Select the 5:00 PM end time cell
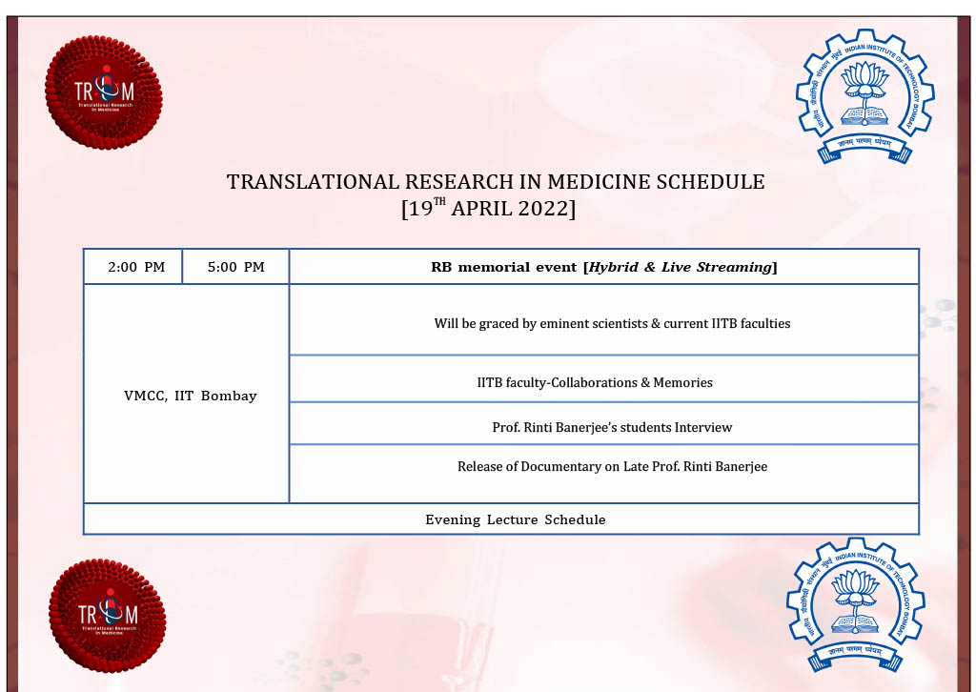click(x=236, y=267)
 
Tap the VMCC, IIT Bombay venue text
click(x=191, y=396)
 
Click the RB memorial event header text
click(x=603, y=267)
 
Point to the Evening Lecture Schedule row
click(x=516, y=519)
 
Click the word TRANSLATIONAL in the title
click(x=313, y=182)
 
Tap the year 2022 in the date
click(x=542, y=209)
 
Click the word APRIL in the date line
click(x=481, y=209)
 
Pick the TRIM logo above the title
click(x=104, y=92)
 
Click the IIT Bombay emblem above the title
click(x=865, y=96)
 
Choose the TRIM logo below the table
click(x=108, y=616)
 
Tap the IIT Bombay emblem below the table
click(x=856, y=604)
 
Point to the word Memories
click(x=682, y=383)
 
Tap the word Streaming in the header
click(x=734, y=267)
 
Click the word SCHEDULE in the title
click(x=711, y=182)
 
